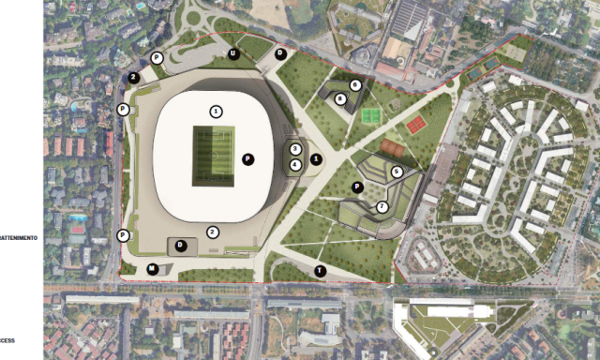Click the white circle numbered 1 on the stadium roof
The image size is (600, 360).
217,111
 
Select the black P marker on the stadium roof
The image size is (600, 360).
247,158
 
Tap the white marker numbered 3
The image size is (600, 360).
295,149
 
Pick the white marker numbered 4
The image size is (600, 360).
295,165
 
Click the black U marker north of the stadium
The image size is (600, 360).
233,54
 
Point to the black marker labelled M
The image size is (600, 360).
152,269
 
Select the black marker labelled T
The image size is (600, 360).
321,271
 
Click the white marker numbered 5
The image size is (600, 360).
397,172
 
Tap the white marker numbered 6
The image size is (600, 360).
355,85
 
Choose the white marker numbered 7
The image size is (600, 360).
382,206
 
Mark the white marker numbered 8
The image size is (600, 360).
341,97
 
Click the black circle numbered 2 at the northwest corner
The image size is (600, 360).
134,78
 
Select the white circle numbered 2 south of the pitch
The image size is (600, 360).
213,232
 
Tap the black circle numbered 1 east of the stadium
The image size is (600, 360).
316,159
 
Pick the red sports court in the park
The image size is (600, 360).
415,125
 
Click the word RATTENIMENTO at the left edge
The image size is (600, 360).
19,238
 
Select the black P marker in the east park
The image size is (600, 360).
357,187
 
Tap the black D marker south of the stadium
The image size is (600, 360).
181,246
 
